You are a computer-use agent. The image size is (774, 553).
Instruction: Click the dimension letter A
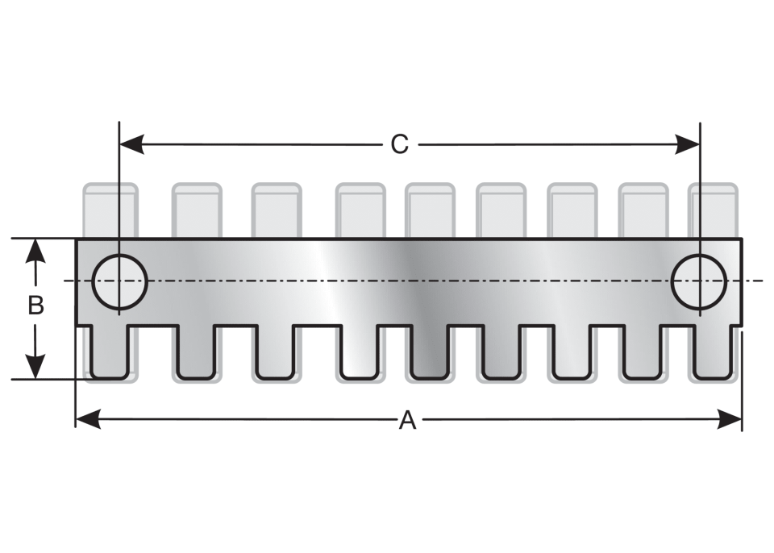tap(407, 421)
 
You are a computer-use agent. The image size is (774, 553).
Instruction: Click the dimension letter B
tap(35, 306)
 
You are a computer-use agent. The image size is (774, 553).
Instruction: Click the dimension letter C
tap(399, 144)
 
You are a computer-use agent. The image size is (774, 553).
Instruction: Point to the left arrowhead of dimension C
tap(131, 144)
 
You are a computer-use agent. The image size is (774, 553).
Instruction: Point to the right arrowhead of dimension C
tap(688, 144)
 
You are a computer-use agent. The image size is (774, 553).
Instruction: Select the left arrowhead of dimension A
tap(88, 419)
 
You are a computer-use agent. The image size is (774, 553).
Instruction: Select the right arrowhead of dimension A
tap(730, 419)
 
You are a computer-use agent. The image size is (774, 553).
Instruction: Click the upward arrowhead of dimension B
tap(35, 251)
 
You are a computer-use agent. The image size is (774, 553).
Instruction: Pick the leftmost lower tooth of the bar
tap(110, 352)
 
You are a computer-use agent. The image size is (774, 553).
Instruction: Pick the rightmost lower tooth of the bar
tap(712, 352)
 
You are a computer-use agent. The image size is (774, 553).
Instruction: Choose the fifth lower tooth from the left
tap(430, 352)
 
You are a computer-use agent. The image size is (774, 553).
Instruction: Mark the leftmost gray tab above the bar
tap(110, 211)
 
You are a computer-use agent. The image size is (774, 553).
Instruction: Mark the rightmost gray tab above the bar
tap(714, 211)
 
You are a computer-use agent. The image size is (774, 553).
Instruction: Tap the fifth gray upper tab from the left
tap(430, 211)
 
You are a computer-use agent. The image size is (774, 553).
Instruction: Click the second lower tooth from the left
tap(196, 352)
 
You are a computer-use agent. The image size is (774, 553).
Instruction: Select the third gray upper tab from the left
tap(277, 211)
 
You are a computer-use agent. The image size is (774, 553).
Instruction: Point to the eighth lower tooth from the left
tap(642, 352)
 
